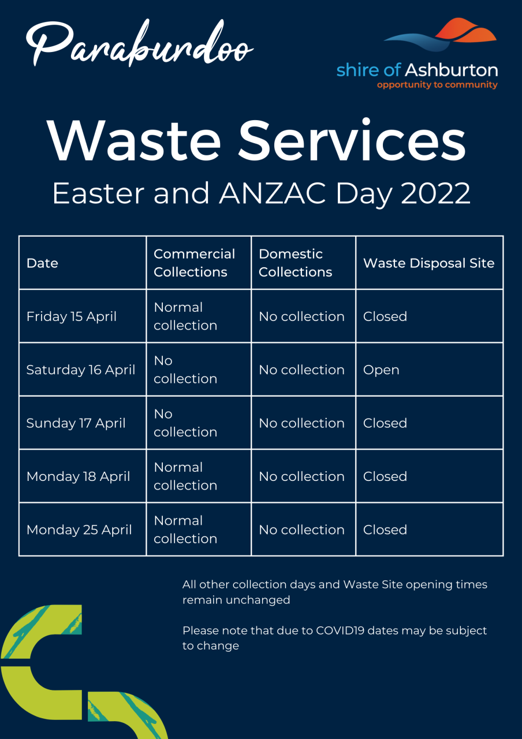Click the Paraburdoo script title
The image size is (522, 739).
[x=140, y=43]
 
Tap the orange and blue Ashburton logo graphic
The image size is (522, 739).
[x=440, y=35]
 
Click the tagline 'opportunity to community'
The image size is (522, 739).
[x=437, y=85]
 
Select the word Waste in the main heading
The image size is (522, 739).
[x=133, y=141]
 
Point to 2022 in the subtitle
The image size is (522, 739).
[x=435, y=193]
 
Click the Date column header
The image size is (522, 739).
[x=42, y=263]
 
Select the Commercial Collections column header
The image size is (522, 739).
[x=195, y=263]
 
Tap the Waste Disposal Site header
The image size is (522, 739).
[x=428, y=263]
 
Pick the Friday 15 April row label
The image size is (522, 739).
[x=71, y=316]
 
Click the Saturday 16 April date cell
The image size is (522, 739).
[x=81, y=370]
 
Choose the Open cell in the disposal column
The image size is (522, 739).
[x=381, y=370]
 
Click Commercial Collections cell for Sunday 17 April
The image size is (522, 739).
[x=185, y=423]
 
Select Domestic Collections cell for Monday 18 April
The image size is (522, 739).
[x=301, y=476]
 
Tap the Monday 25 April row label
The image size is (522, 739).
[x=79, y=530]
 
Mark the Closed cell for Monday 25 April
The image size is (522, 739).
[x=385, y=530]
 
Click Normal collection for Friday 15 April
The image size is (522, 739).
[x=185, y=316]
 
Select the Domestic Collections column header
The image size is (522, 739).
[x=295, y=263]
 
